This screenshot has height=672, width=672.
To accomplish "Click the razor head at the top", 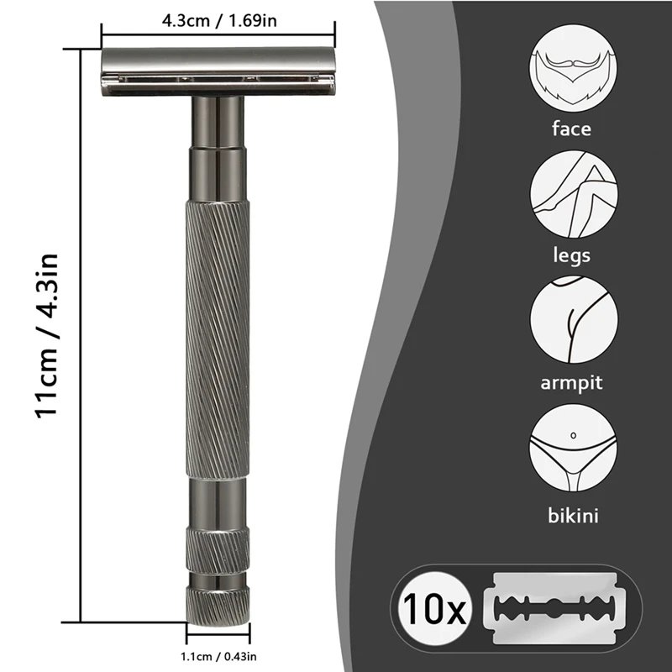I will (x=218, y=71).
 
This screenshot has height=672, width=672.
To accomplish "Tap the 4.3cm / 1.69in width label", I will (x=219, y=19).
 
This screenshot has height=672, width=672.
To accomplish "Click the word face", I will (x=571, y=129).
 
